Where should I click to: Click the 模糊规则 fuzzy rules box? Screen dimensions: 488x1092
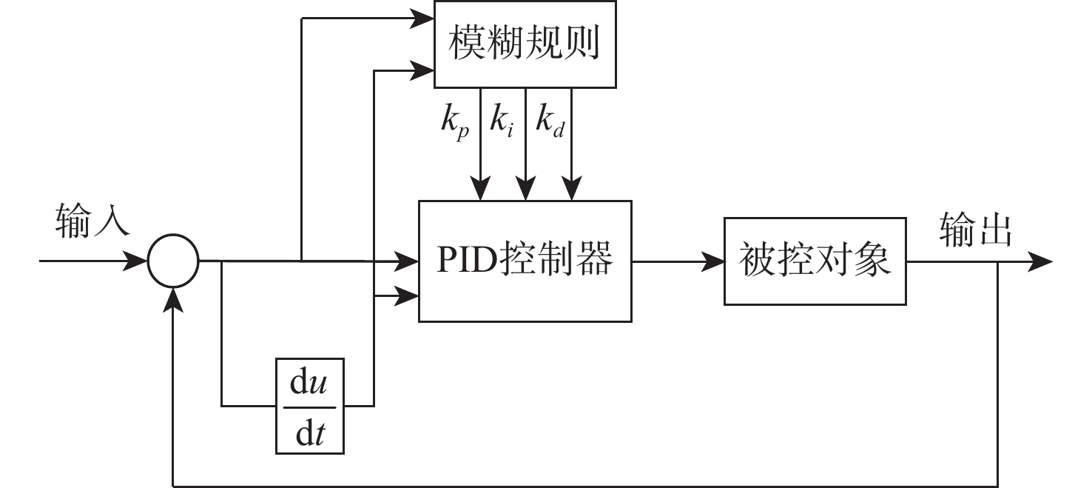pyautogui.click(x=525, y=44)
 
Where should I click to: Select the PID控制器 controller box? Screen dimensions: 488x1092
pyautogui.click(x=525, y=261)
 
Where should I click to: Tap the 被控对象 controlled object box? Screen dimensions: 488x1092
pyautogui.click(x=815, y=261)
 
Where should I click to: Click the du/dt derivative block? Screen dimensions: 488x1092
pyautogui.click(x=310, y=406)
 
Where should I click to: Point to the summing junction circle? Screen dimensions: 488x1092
pyautogui.click(x=173, y=261)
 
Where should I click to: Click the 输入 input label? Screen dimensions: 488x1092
pyautogui.click(x=92, y=221)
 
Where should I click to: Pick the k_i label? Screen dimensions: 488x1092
pyautogui.click(x=502, y=121)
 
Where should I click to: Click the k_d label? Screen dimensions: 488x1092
pyautogui.click(x=550, y=121)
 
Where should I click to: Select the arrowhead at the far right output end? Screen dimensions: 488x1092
pyautogui.click(x=1040, y=261)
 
